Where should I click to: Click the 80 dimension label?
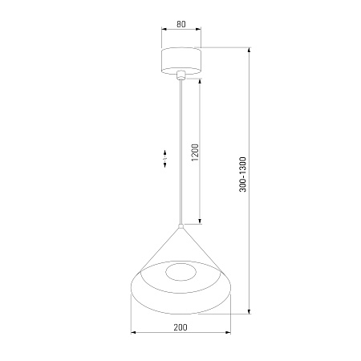point(181,24)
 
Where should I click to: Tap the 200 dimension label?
point(180,327)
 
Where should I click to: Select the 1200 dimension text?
point(196,152)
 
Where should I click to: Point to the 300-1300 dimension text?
point(242,175)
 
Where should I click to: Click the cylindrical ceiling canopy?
point(181,61)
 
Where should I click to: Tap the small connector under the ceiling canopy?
point(181,75)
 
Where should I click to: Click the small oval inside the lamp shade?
point(181,273)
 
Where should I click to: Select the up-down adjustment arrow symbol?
point(165,159)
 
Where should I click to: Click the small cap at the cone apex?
point(181,226)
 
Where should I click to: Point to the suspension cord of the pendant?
point(181,152)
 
